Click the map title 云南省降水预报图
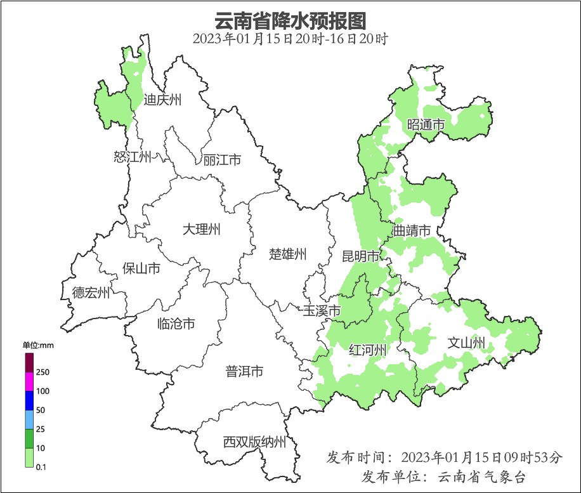click(x=290, y=22)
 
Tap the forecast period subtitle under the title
click(x=290, y=39)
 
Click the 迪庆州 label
click(x=162, y=100)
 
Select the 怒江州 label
click(x=133, y=157)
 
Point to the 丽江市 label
click(x=222, y=160)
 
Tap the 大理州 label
click(x=201, y=229)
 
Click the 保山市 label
click(x=141, y=268)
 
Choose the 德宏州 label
click(x=91, y=293)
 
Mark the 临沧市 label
click(x=176, y=324)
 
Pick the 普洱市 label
click(x=244, y=372)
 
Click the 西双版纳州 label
click(x=254, y=442)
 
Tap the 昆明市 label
click(x=360, y=256)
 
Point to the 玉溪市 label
click(x=322, y=311)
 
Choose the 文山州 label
click(x=466, y=343)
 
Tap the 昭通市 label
click(x=426, y=124)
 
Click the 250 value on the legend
click(x=43, y=372)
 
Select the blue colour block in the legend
click(x=29, y=400)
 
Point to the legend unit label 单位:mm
click(x=38, y=345)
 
